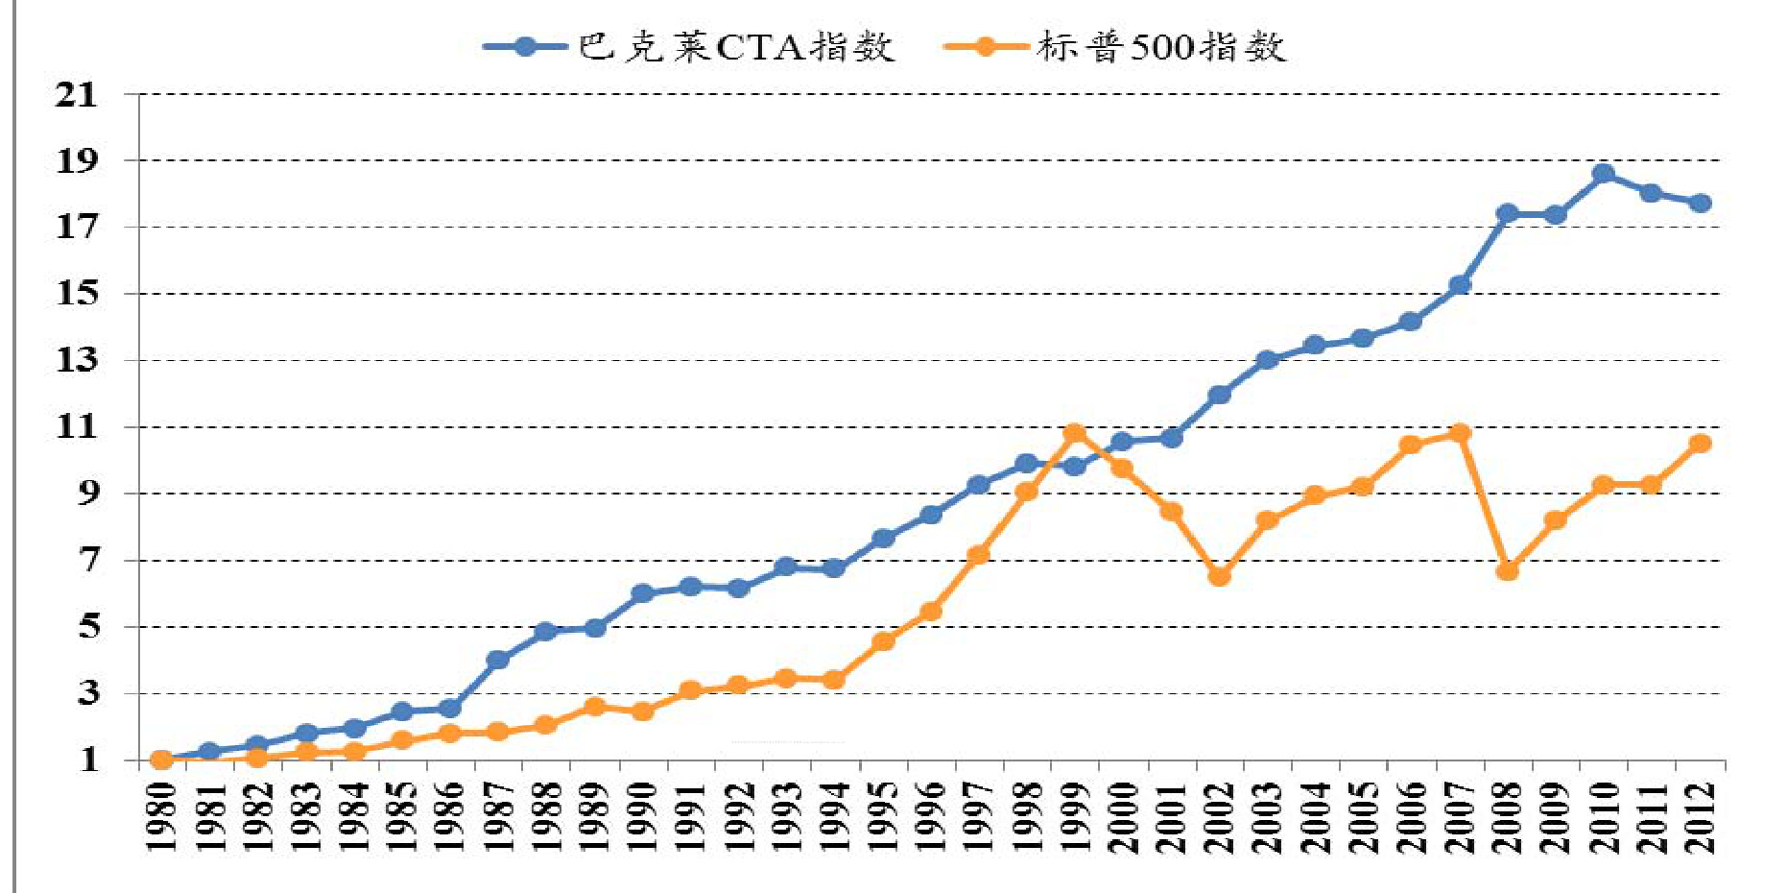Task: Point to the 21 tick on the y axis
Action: point(77,94)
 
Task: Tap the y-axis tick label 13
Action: point(77,360)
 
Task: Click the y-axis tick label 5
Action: point(88,626)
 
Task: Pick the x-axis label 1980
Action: point(161,816)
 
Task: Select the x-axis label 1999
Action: point(1075,816)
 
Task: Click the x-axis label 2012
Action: point(1700,816)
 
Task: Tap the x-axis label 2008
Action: point(1508,816)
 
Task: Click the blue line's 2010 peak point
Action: point(1603,174)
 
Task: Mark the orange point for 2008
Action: point(1507,571)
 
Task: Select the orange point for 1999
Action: point(1075,433)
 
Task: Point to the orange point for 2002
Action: point(1219,576)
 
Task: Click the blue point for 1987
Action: point(497,660)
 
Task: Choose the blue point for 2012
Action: point(1700,203)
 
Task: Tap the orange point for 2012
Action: point(1700,443)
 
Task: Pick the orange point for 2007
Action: point(1460,433)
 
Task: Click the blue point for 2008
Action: point(1507,213)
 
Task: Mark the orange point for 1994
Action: point(834,680)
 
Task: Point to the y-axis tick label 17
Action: point(77,227)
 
